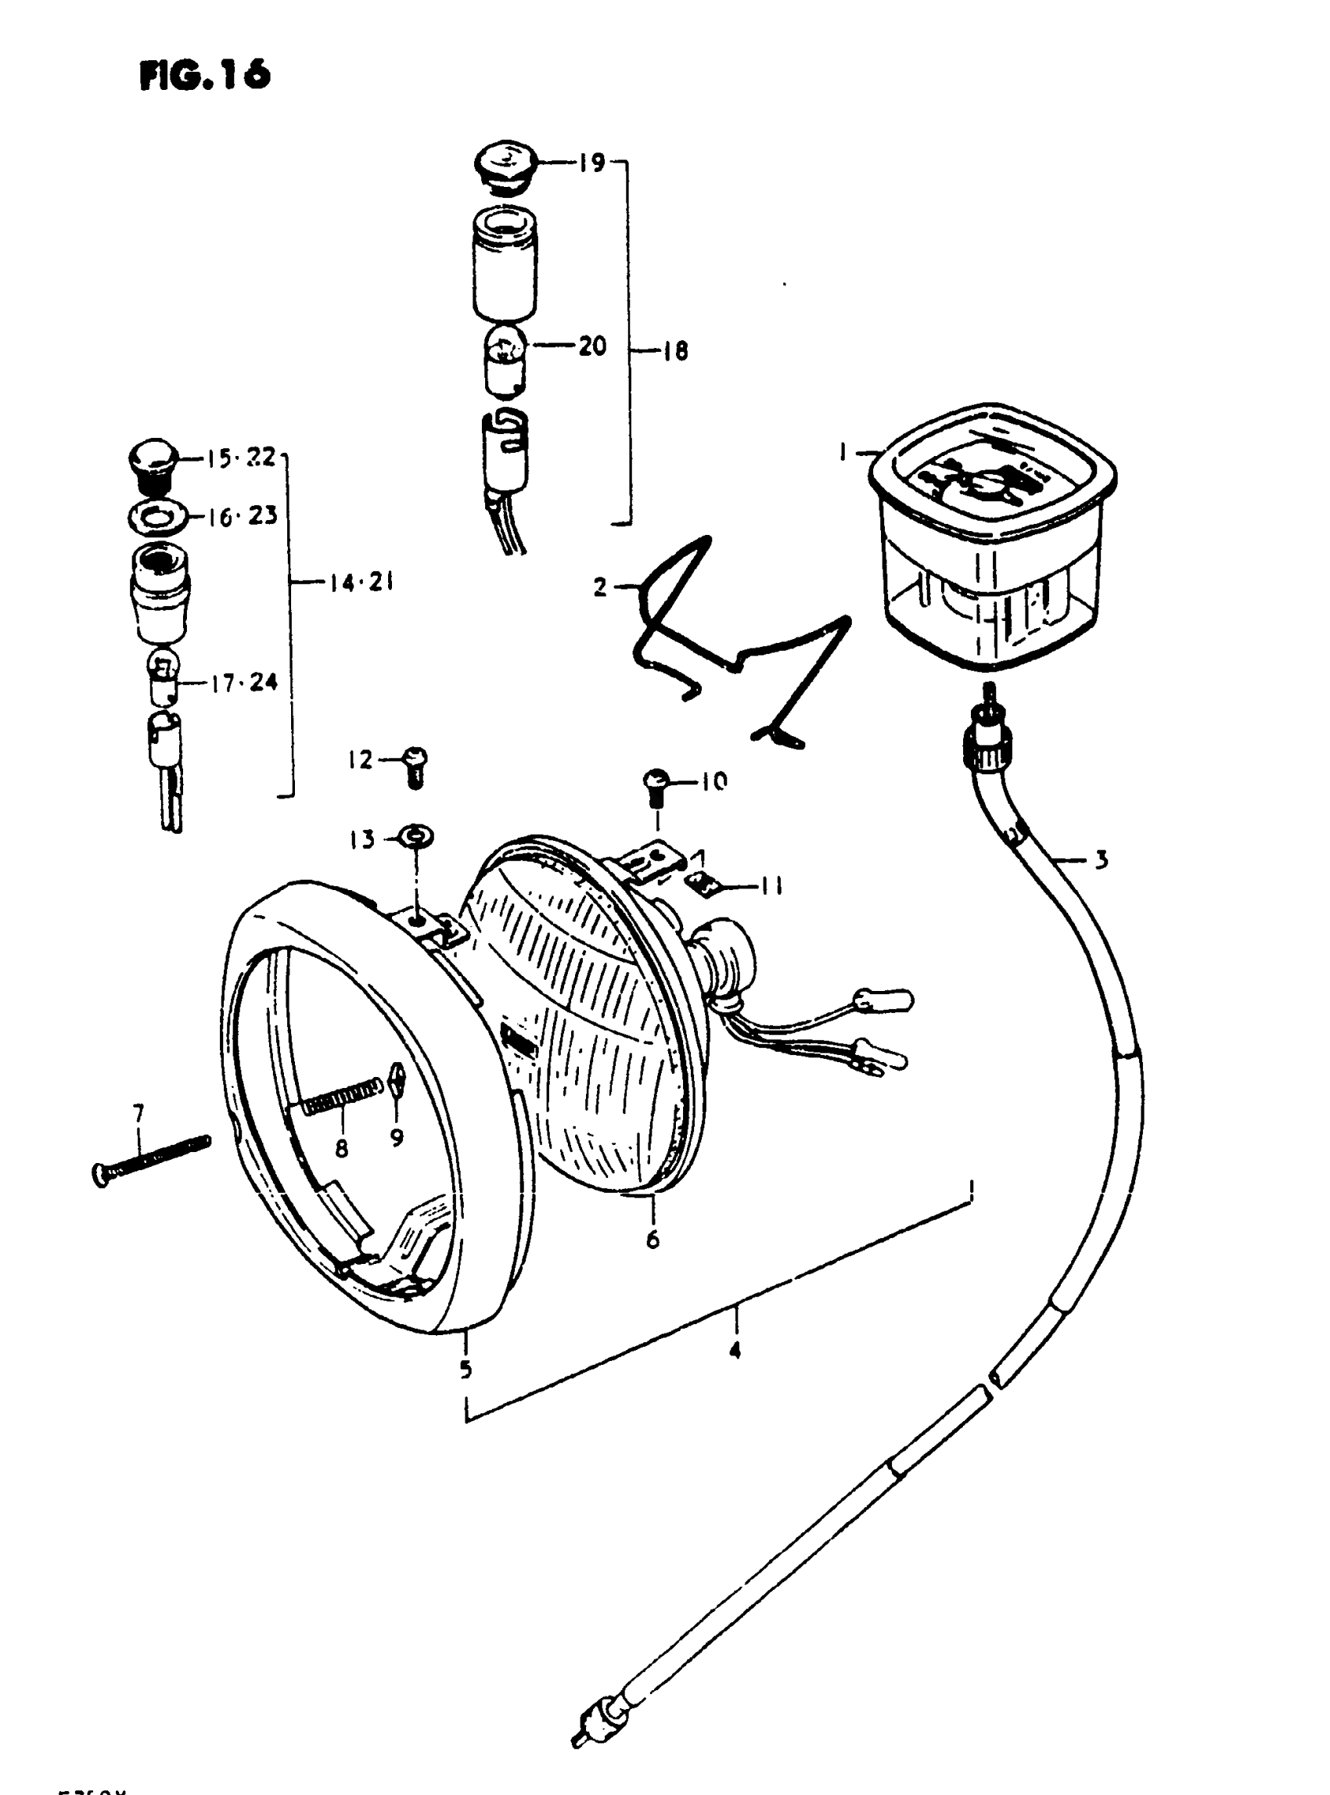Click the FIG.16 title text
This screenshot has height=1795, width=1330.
204,76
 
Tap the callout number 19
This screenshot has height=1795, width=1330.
591,163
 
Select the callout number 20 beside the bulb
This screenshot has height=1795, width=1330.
592,346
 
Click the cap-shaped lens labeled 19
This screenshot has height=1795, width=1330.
501,167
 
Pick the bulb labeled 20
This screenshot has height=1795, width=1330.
504,362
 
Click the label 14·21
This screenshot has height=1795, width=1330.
361,582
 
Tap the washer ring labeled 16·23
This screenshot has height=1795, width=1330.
159,515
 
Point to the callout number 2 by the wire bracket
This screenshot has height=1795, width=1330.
600,587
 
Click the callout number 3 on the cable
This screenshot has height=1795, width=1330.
1101,860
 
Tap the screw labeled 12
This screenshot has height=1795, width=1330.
415,765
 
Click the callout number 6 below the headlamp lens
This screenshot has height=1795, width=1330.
652,1240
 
